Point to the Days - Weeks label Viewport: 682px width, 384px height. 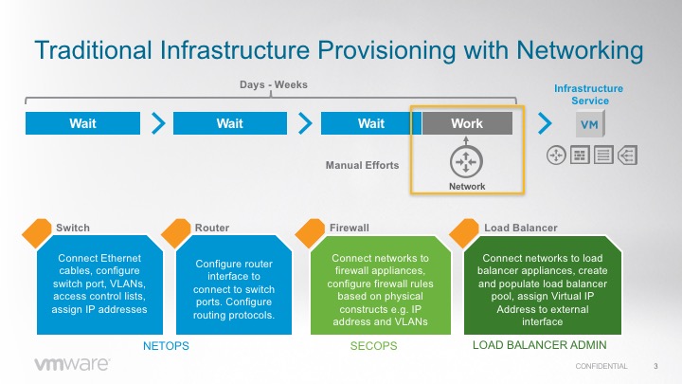(273, 85)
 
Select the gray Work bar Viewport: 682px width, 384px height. (467, 123)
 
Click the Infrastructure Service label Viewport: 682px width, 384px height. (582, 94)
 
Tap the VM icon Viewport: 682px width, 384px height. (587, 124)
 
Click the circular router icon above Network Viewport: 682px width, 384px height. (466, 162)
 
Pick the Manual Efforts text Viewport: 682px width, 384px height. (362, 165)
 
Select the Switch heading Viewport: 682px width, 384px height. (73, 228)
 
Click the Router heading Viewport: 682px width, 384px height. (211, 228)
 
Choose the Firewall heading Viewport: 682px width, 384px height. (349, 228)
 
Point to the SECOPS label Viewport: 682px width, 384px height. (374, 346)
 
